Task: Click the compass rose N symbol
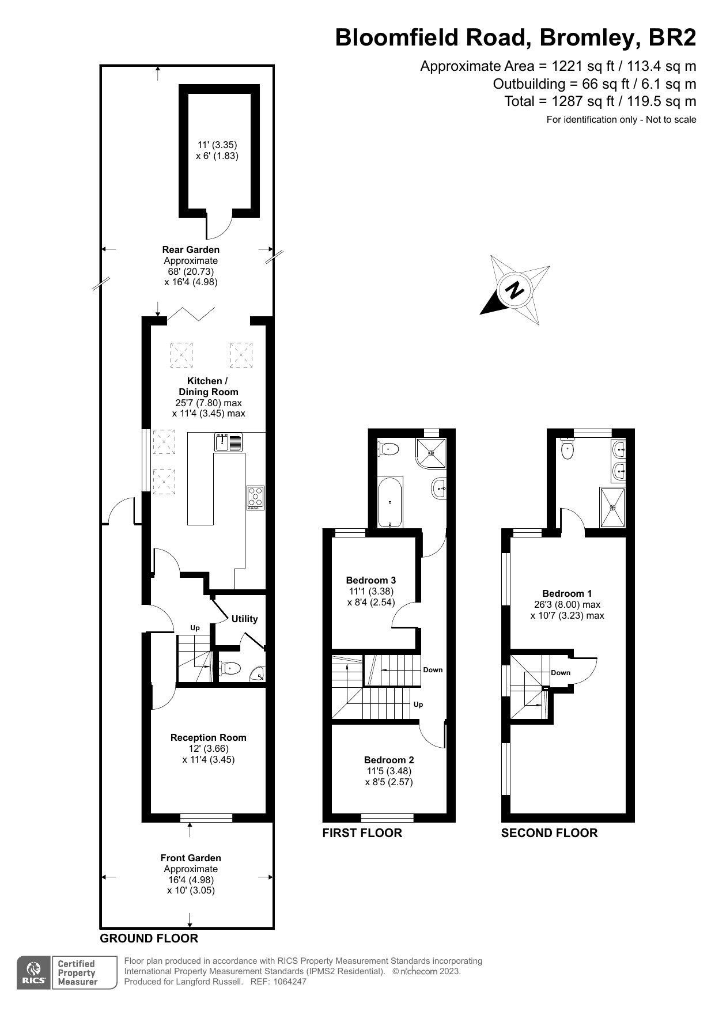click(x=515, y=290)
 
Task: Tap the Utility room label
click(x=244, y=619)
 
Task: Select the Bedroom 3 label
click(x=370, y=580)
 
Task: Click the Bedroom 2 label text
click(x=389, y=760)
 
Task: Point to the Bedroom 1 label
click(x=567, y=593)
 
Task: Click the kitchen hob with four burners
click(x=256, y=498)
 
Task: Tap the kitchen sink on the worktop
click(x=228, y=442)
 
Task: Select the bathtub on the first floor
click(x=390, y=502)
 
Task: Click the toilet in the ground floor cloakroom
click(x=230, y=668)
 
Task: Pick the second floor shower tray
click(x=612, y=507)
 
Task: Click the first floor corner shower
click(x=432, y=453)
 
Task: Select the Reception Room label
click(x=208, y=737)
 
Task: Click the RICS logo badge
click(x=34, y=973)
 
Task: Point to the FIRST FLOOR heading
click(x=362, y=832)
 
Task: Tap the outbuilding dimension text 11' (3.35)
click(x=217, y=145)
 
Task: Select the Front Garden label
click(x=191, y=858)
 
